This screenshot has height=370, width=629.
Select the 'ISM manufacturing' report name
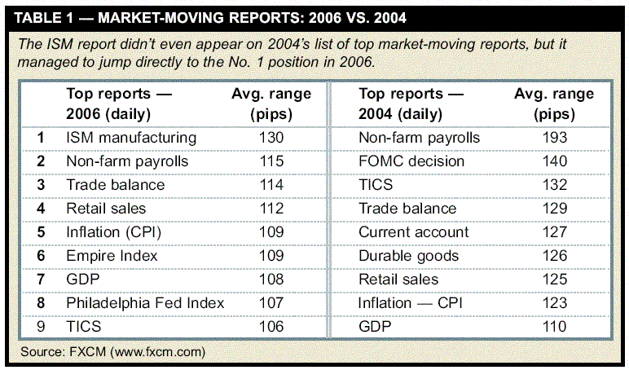click(x=131, y=138)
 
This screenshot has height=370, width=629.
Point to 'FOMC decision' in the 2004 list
click(x=411, y=161)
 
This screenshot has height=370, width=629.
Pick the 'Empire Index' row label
click(x=112, y=255)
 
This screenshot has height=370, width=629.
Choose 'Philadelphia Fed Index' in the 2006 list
click(x=145, y=302)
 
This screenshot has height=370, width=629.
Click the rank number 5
click(x=41, y=231)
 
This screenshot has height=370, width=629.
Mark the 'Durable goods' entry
click(x=411, y=255)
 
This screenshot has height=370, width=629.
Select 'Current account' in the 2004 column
click(x=414, y=231)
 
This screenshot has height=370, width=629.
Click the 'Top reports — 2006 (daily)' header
click(x=119, y=104)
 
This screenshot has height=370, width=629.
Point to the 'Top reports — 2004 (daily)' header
click(x=411, y=104)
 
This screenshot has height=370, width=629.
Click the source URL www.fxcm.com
click(x=157, y=352)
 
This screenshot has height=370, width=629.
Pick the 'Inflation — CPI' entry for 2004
click(x=415, y=302)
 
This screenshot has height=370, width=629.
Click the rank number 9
click(x=41, y=326)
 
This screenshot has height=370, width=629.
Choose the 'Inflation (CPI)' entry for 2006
click(x=114, y=231)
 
